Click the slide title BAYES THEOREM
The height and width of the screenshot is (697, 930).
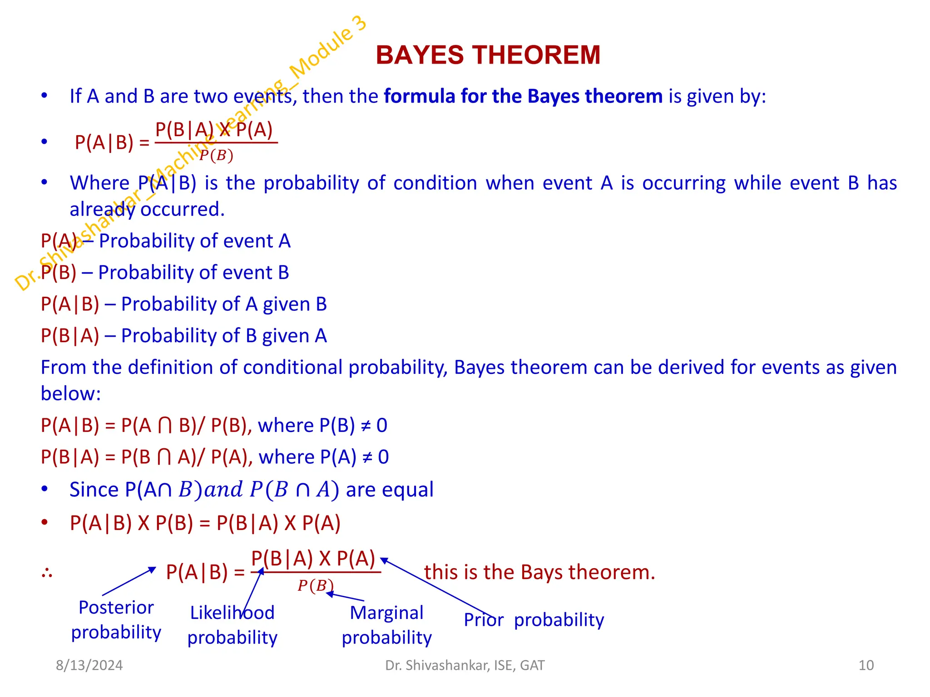(x=488, y=55)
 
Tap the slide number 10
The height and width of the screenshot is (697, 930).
(x=866, y=665)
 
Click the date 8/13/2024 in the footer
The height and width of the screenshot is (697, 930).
(x=89, y=665)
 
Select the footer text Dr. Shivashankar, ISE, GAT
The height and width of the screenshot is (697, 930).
(x=465, y=665)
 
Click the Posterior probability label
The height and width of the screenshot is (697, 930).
(x=116, y=620)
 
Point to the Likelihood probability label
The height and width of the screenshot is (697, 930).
(x=232, y=625)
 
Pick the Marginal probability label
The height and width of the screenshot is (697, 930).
(x=386, y=625)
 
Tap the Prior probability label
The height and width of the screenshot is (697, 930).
(x=534, y=620)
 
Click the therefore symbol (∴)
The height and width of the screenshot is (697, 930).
(x=47, y=573)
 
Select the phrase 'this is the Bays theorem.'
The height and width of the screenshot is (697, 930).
(x=539, y=572)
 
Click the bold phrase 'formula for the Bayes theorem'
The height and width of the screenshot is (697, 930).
(x=523, y=96)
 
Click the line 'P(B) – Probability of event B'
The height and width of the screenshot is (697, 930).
(x=165, y=273)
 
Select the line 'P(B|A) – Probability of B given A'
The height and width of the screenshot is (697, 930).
(x=183, y=336)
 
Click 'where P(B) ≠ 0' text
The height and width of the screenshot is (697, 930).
(x=322, y=426)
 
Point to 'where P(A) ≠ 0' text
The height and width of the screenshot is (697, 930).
(x=323, y=457)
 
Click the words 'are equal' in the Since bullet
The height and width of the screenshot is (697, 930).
(x=389, y=490)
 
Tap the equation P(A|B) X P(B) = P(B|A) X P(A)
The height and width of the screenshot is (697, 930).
(x=205, y=523)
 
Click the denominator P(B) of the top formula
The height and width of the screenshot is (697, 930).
(x=216, y=156)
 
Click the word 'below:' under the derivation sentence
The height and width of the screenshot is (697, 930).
(x=70, y=393)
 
